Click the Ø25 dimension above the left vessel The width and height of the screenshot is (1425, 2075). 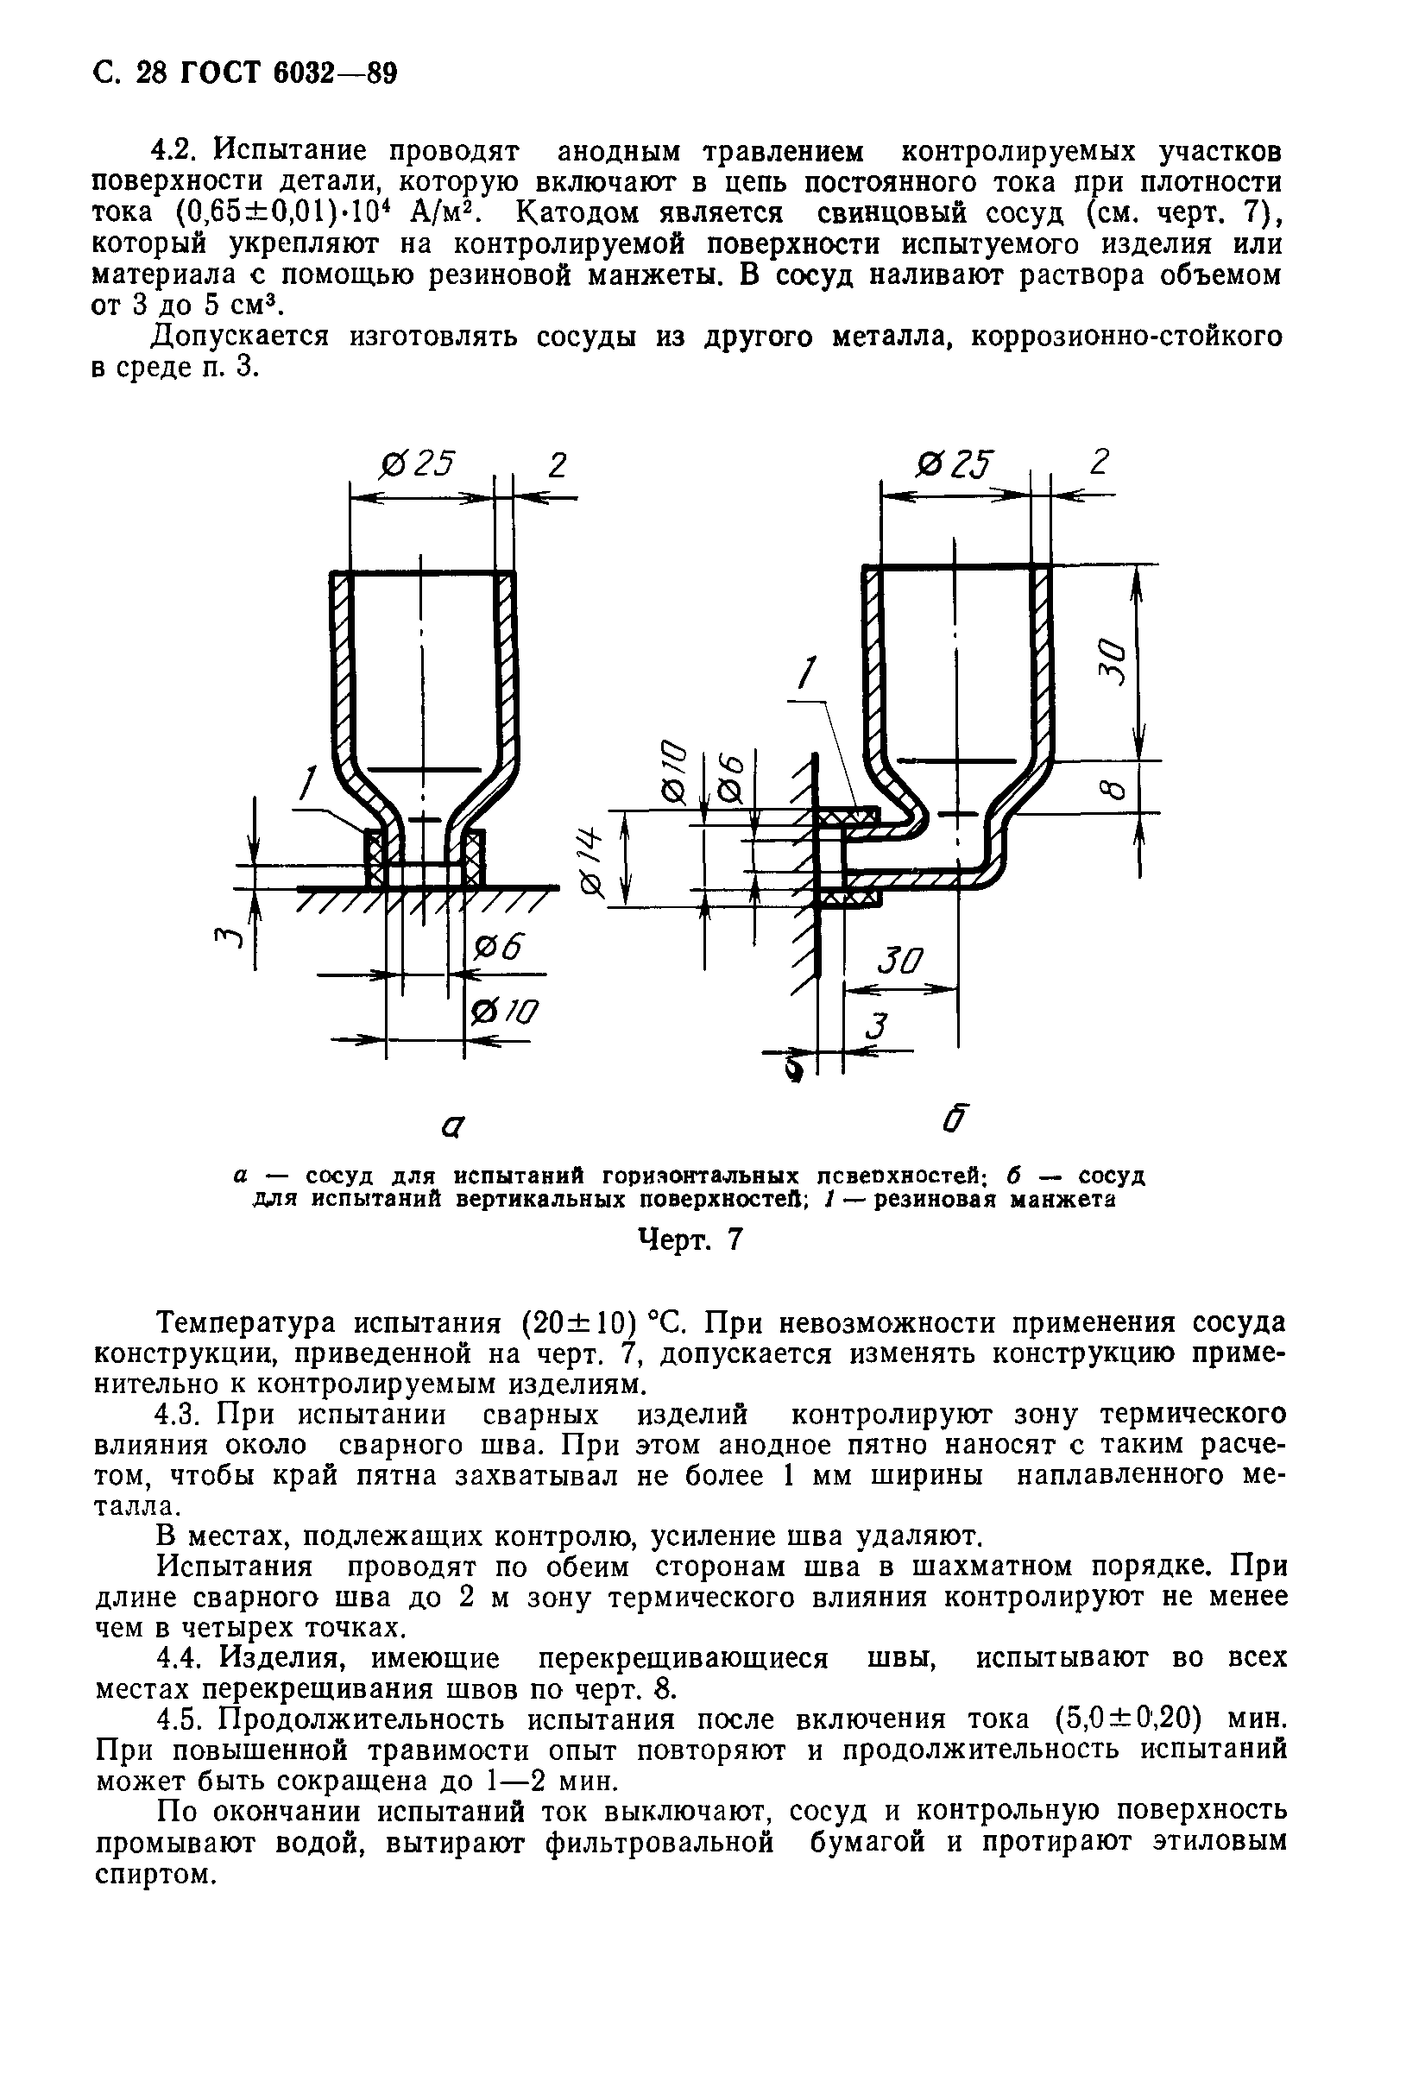pos(416,464)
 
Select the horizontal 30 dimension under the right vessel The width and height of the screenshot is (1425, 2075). pos(899,962)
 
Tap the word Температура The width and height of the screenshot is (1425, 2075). pos(243,1323)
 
